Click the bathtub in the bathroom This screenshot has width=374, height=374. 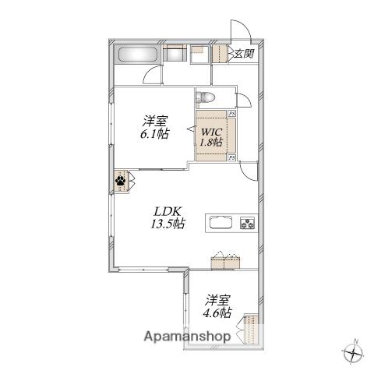[x=139, y=55]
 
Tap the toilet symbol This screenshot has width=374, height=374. [x=206, y=98]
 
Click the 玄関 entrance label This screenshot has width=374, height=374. [x=244, y=54]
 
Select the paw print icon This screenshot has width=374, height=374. [x=121, y=180]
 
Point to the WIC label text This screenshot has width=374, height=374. [x=211, y=132]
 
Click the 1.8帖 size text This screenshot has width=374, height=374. [x=211, y=142]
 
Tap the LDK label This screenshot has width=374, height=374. [x=168, y=212]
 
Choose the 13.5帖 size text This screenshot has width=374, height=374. [x=168, y=224]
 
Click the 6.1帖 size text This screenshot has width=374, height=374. [x=154, y=134]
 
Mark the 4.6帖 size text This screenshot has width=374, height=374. [x=217, y=313]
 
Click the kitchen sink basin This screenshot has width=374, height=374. [x=221, y=223]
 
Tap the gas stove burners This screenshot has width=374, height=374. [x=248, y=223]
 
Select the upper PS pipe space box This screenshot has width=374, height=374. [x=232, y=114]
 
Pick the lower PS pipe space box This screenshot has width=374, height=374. [x=232, y=157]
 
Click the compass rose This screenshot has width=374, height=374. [x=354, y=352]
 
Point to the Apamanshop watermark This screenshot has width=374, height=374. [x=187, y=337]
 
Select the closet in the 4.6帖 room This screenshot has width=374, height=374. [x=252, y=330]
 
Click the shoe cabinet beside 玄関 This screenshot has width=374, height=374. [x=220, y=54]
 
